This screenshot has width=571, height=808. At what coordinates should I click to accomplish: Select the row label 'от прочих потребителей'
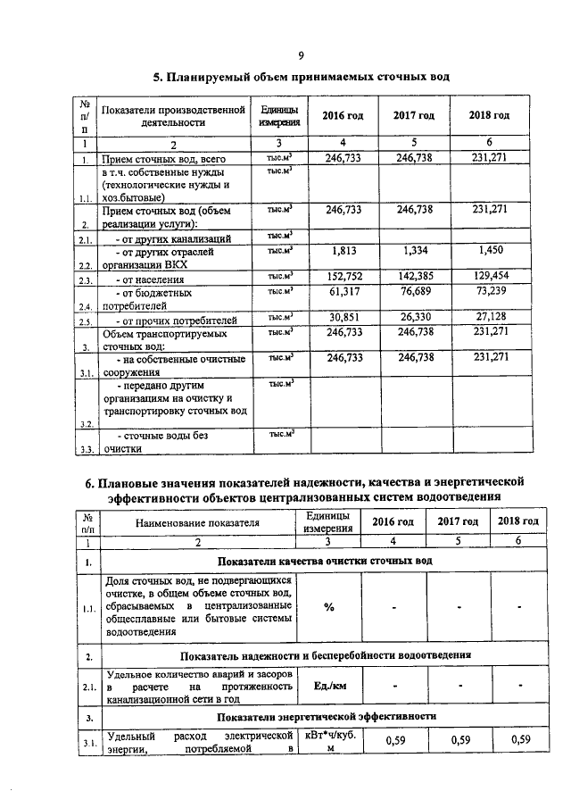(x=166, y=319)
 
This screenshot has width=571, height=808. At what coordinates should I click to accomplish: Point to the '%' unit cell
(x=328, y=607)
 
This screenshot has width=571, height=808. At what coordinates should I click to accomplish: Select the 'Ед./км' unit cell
(x=328, y=687)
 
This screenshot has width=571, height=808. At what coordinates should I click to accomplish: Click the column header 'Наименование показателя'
(x=198, y=523)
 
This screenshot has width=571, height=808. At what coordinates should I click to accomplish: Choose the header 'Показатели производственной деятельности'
(x=173, y=116)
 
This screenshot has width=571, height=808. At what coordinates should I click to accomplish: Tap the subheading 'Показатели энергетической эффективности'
(x=325, y=716)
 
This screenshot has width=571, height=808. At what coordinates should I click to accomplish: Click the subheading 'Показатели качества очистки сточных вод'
(x=325, y=561)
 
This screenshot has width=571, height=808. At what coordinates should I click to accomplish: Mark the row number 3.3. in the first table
(x=86, y=450)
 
